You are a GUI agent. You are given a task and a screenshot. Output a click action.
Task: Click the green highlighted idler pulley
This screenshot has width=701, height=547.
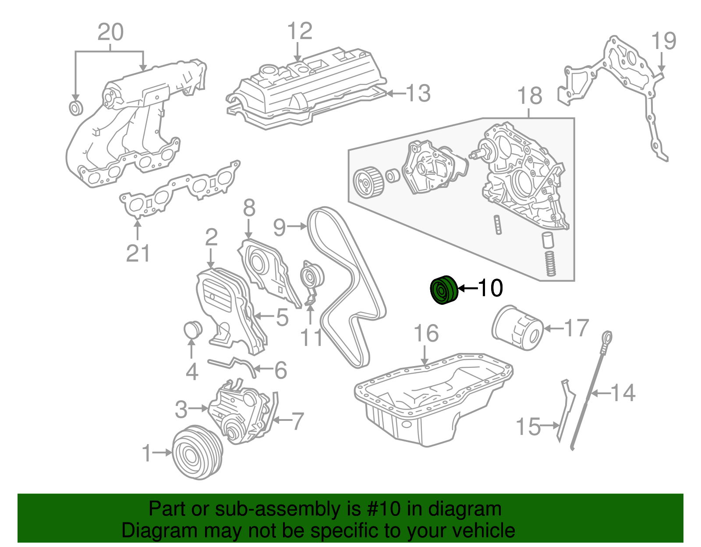[443, 289]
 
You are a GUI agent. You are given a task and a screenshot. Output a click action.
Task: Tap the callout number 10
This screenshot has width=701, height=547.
[490, 288]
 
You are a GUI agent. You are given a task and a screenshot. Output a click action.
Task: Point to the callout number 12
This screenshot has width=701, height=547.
[300, 32]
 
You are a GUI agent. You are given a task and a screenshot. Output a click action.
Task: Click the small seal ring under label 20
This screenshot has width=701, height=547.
[76, 108]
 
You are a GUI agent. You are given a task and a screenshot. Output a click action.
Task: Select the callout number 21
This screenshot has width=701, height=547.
[138, 254]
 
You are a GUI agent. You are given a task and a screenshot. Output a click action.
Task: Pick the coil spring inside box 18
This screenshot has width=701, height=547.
[550, 263]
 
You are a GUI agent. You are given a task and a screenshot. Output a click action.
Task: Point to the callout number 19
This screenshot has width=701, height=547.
[663, 42]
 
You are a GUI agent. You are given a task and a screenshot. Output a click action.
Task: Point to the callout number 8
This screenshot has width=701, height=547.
[249, 208]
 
